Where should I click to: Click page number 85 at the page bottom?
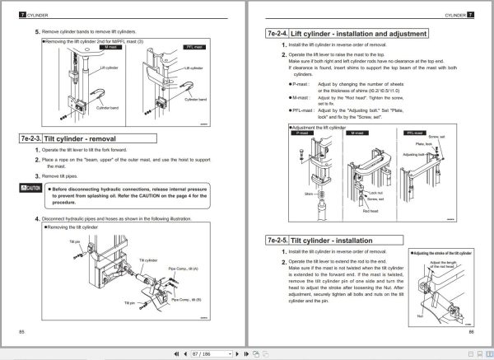coord(21,330)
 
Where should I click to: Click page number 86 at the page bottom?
coord(472,330)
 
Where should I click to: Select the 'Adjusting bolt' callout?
coord(414,154)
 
